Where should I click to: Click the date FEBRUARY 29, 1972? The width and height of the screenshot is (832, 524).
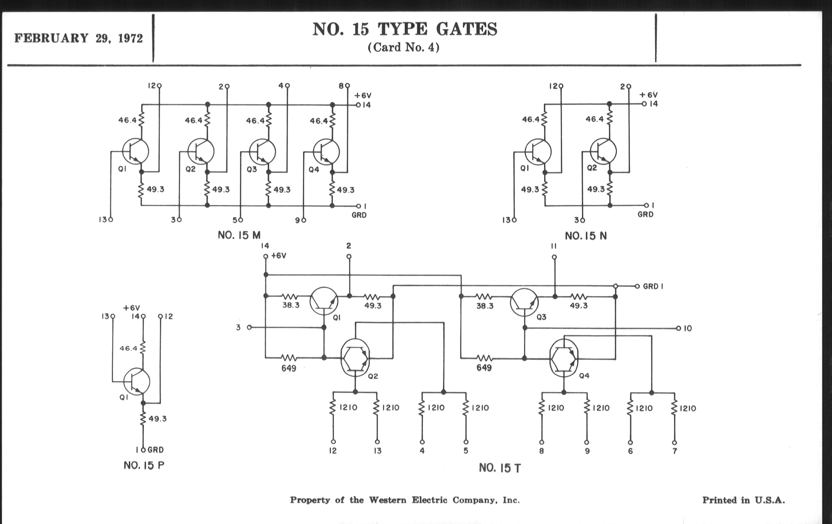pos(78,38)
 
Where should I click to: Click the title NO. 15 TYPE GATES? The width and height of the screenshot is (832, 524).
pos(405,29)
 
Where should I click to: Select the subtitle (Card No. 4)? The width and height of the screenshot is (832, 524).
pos(404,47)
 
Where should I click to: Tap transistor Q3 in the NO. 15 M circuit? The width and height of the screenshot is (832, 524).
pos(262,151)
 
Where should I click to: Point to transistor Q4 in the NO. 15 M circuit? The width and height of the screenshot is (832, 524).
pos(326,151)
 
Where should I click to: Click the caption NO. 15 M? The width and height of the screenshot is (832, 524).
pos(239,236)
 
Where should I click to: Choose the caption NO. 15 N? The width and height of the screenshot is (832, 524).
pos(586,236)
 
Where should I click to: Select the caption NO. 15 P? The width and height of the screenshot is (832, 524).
pos(144,465)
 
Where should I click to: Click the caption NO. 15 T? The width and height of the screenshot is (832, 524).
pos(499,468)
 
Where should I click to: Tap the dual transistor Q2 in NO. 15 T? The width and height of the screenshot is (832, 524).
pos(355,357)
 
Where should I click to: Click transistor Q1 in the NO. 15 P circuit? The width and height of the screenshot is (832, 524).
pos(136,382)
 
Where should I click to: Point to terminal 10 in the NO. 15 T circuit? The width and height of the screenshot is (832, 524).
pos(679,328)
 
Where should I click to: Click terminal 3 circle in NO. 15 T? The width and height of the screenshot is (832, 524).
pos(249,327)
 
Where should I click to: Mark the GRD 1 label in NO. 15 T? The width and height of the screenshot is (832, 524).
pos(653,287)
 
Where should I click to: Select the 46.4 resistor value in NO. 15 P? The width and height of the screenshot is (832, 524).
pos(129,348)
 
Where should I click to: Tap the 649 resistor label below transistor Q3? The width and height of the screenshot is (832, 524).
pos(484,368)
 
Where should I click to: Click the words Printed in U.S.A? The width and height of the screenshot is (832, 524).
pos(743,500)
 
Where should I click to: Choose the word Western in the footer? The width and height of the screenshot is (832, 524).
pos(387,500)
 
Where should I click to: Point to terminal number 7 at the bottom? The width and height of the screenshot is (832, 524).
pos(675,451)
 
